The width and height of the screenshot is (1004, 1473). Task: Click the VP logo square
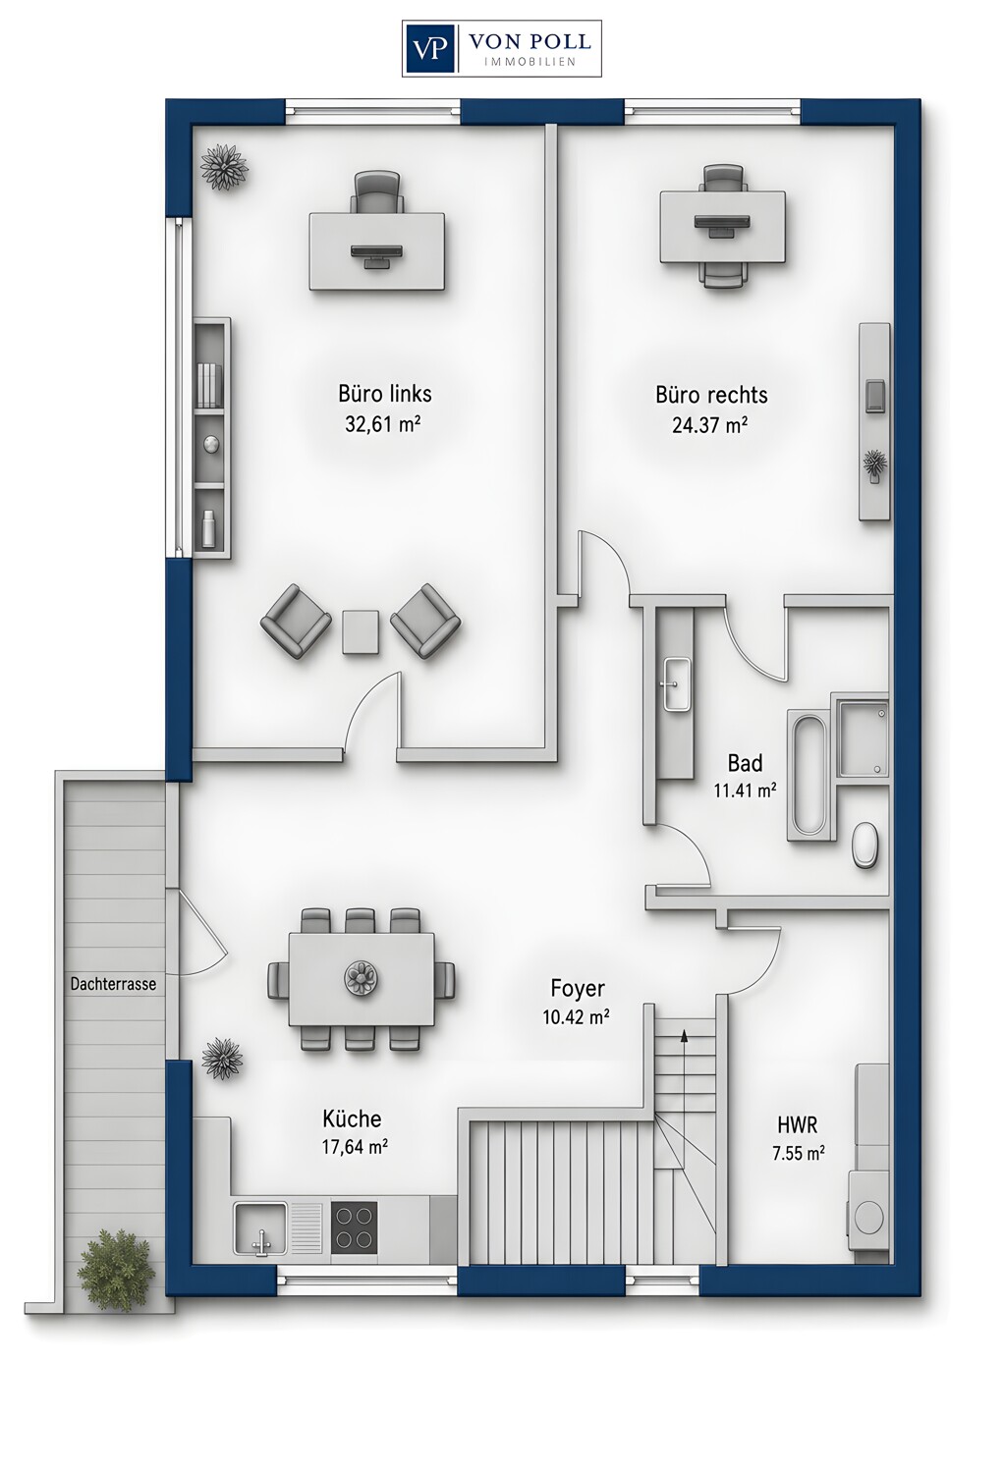point(430,49)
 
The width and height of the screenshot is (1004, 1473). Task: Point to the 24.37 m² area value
point(709,425)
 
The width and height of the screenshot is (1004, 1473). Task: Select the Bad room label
point(745,763)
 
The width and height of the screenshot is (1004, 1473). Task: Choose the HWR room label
point(798,1124)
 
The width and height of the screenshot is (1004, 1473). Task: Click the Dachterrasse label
point(113,984)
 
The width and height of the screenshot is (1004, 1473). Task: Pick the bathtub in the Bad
point(811,775)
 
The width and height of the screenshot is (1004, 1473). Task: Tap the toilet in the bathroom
point(865,846)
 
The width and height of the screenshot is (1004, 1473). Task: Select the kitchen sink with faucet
point(260,1227)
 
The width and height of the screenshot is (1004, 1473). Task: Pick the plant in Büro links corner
point(224,167)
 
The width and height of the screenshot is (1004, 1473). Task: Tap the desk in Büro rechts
point(722,226)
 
